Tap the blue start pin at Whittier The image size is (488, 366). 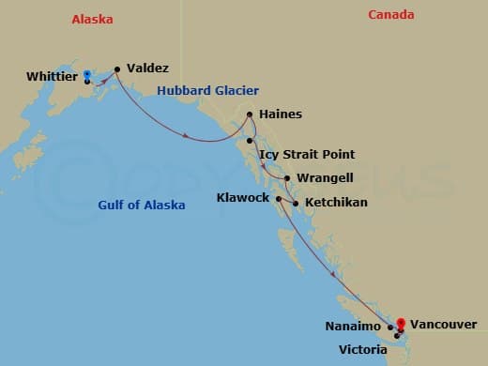point(86,74)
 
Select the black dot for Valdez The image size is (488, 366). point(117,69)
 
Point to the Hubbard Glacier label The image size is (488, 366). point(195,91)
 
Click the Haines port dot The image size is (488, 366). point(250,115)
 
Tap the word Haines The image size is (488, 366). point(280,114)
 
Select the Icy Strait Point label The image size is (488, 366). point(306,154)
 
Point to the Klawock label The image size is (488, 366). point(242,198)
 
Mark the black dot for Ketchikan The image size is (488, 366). point(296,203)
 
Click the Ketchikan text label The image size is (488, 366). point(335,202)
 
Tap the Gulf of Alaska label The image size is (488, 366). point(142,205)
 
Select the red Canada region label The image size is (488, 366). point(393,14)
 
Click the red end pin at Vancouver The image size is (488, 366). point(401,323)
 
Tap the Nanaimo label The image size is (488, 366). point(355,327)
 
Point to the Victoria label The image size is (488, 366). point(362,349)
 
